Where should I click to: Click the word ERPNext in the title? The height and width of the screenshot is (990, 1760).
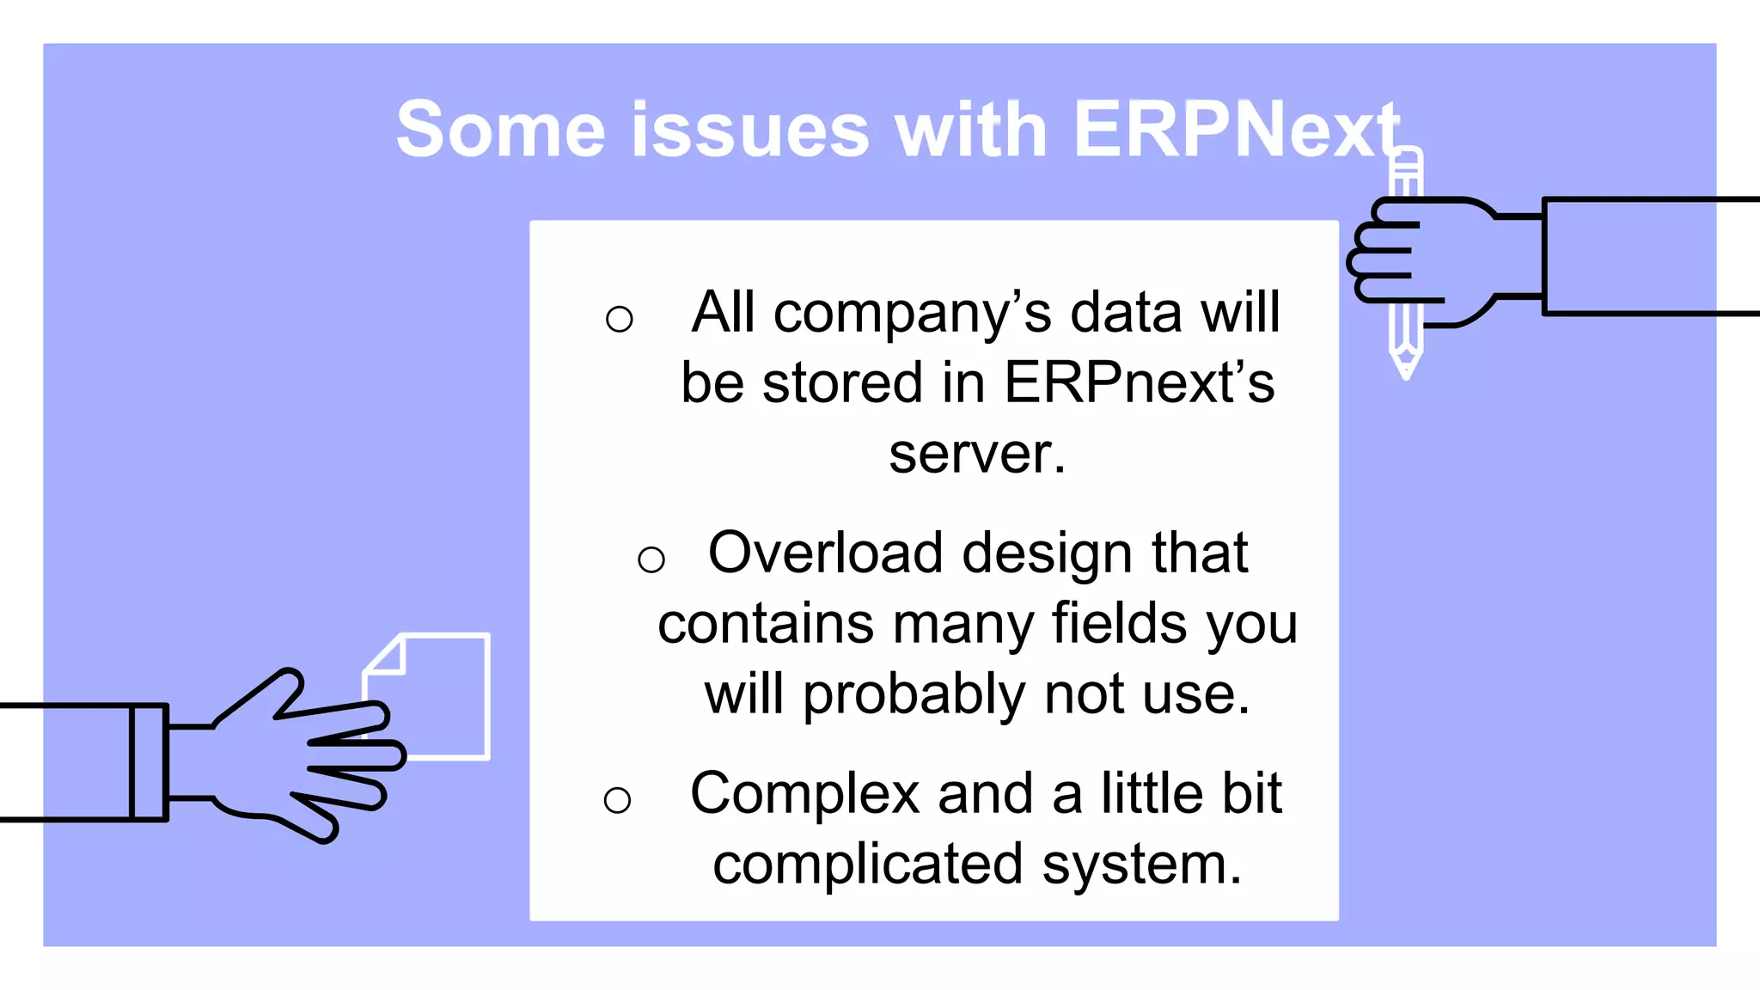click(1237, 131)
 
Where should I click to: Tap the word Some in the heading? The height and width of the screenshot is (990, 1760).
click(501, 131)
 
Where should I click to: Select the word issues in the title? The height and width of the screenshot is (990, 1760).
click(751, 131)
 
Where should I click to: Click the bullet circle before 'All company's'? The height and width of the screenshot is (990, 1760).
click(619, 320)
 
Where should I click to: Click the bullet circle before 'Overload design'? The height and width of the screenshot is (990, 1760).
click(651, 560)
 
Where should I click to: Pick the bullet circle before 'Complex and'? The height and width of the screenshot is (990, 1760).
click(617, 801)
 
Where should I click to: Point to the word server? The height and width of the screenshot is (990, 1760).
click(976, 454)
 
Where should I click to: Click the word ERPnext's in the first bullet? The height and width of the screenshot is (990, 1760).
click(1140, 382)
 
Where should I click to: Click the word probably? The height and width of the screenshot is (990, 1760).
click(914, 694)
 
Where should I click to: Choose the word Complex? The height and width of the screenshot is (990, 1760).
click(805, 793)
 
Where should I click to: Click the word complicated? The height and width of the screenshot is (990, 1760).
click(868, 865)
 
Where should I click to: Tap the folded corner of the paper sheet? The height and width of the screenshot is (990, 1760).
click(387, 656)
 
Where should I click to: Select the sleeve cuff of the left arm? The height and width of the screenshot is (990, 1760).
click(149, 762)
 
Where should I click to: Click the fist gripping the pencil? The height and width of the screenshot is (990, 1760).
click(1427, 258)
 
